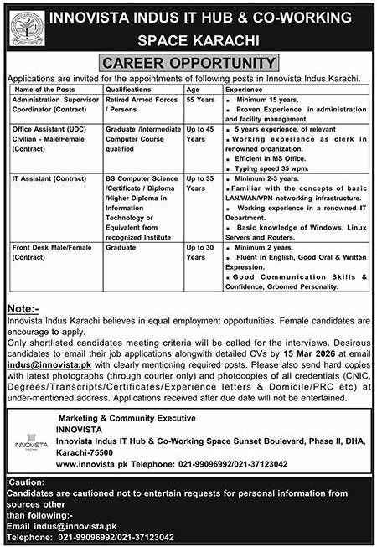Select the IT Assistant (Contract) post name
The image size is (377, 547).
click(x=47, y=178)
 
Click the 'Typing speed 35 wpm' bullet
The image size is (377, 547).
click(x=268, y=168)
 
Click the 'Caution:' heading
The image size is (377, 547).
click(x=27, y=486)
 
